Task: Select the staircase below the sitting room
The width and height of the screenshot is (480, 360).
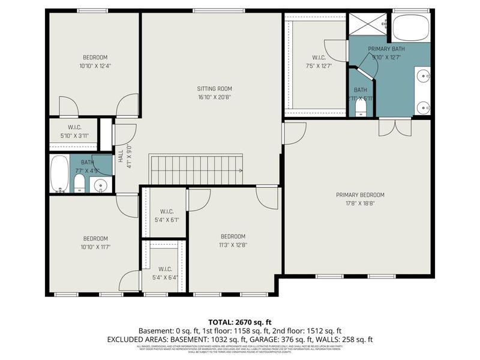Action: point(196,170)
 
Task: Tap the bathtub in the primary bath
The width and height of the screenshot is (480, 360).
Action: point(411,27)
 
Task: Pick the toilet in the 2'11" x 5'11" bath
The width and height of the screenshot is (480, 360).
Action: point(361,106)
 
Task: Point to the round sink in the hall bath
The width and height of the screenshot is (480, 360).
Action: point(101,185)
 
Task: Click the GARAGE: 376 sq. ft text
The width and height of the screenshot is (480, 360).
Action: point(276,339)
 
